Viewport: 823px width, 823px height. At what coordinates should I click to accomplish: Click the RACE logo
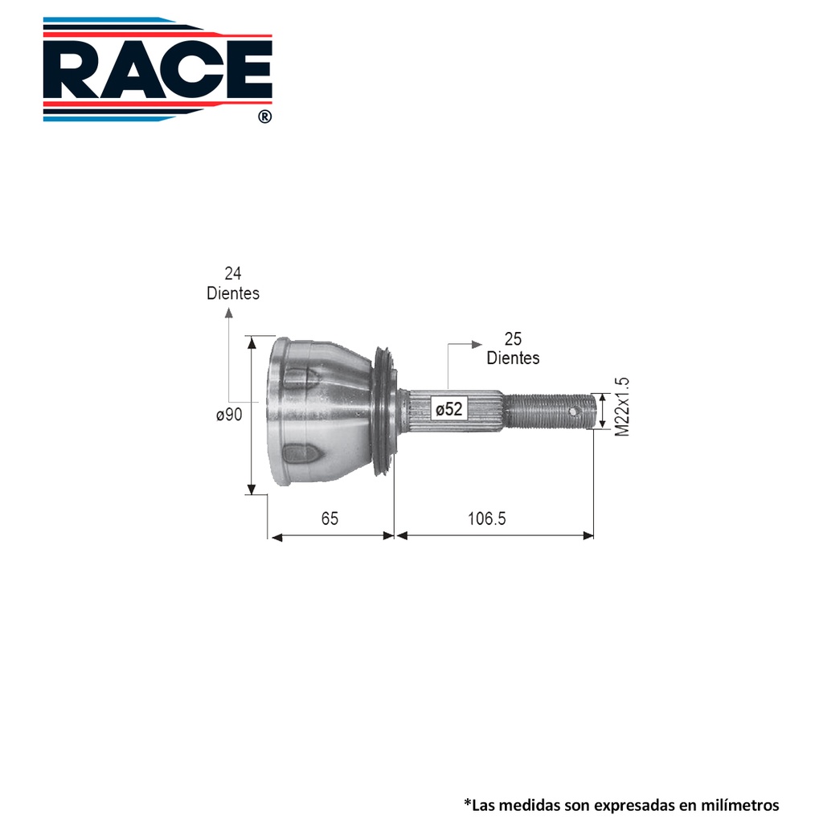(158, 69)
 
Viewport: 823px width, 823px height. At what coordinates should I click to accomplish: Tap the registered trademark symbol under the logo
(265, 117)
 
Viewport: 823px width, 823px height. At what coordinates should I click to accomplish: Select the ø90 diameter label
(229, 415)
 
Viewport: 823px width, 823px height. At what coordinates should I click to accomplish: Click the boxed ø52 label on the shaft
(449, 408)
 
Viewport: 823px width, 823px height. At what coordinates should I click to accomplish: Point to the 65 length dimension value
(330, 518)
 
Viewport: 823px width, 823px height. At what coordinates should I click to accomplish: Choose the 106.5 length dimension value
(486, 518)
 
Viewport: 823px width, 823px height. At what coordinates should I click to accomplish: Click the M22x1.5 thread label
(621, 407)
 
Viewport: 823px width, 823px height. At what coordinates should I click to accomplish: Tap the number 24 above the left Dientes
(232, 273)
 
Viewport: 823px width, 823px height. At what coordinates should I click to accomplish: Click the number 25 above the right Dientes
(513, 339)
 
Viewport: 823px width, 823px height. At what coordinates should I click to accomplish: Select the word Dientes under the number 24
(233, 293)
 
